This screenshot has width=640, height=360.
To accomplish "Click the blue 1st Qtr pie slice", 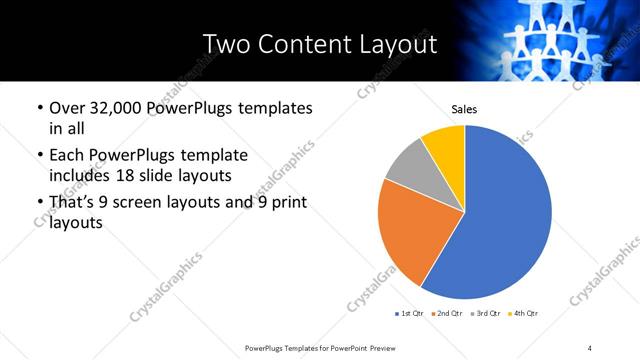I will pos(500,220).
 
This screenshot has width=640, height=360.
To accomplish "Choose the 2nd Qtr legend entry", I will pos(449,315).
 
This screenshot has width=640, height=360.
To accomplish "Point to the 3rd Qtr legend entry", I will pos(486,315).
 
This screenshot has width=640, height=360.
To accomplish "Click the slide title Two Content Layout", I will pos(319,44).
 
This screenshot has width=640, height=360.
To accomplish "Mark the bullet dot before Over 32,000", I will pos(39,109).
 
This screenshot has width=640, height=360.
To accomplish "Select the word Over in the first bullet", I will pos(66,109).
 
